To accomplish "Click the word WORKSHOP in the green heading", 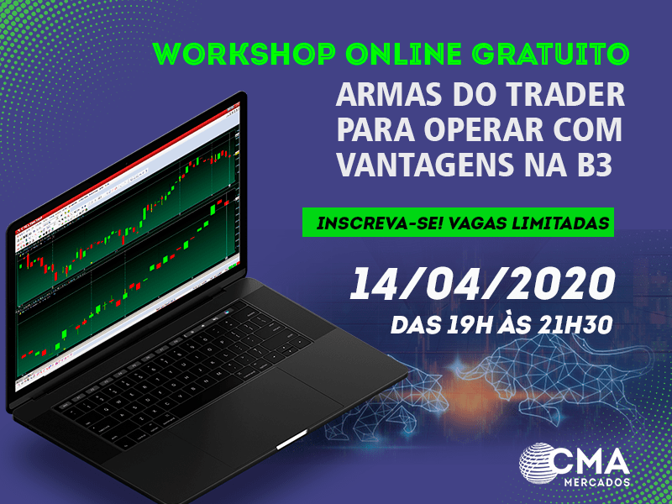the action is [x=244, y=54].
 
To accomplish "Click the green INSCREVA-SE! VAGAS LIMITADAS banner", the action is [x=458, y=222].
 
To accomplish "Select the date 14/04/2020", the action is [x=482, y=284].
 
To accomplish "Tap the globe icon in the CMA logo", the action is [x=537, y=464].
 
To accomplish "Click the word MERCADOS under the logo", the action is [x=597, y=482].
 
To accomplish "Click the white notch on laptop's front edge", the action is [x=291, y=439].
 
